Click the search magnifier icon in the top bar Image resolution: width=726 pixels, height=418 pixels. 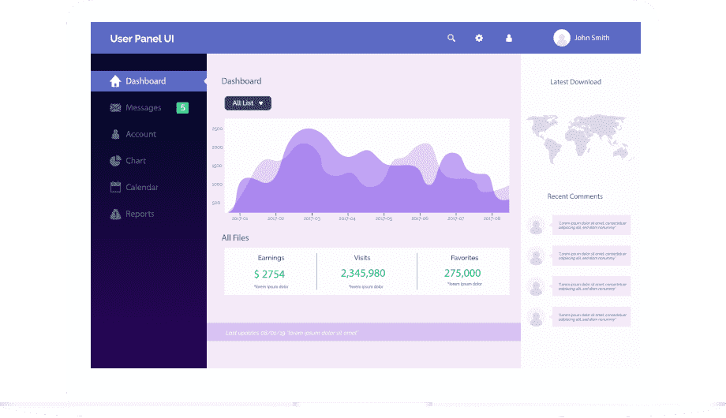tap(451, 38)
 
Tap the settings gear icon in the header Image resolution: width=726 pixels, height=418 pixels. tap(479, 38)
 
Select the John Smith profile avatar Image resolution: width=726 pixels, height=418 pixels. tap(562, 38)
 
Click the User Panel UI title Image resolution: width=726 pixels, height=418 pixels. tap(142, 38)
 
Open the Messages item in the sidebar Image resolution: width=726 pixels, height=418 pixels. tap(143, 108)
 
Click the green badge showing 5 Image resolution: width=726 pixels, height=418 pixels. tap(182, 108)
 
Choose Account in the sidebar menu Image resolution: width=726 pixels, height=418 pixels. tap(140, 135)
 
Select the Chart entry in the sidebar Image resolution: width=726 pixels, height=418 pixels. tap(136, 161)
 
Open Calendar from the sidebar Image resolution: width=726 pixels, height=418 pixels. tap(141, 188)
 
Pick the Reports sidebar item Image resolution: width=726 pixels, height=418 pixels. tap(140, 215)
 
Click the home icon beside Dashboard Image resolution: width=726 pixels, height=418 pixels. tap(115, 81)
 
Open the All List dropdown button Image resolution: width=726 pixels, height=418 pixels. tap(248, 103)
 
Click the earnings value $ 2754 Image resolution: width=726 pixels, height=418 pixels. tap(269, 274)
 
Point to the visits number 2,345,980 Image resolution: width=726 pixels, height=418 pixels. tap(363, 274)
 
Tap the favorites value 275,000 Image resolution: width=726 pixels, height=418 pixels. tap(463, 274)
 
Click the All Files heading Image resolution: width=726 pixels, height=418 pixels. tap(235, 237)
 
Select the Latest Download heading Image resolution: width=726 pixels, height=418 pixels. tap(575, 82)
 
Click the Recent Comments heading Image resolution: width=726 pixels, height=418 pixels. tap(574, 196)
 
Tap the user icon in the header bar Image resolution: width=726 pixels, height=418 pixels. tap(509, 38)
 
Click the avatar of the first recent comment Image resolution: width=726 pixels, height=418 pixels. tap(537, 226)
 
